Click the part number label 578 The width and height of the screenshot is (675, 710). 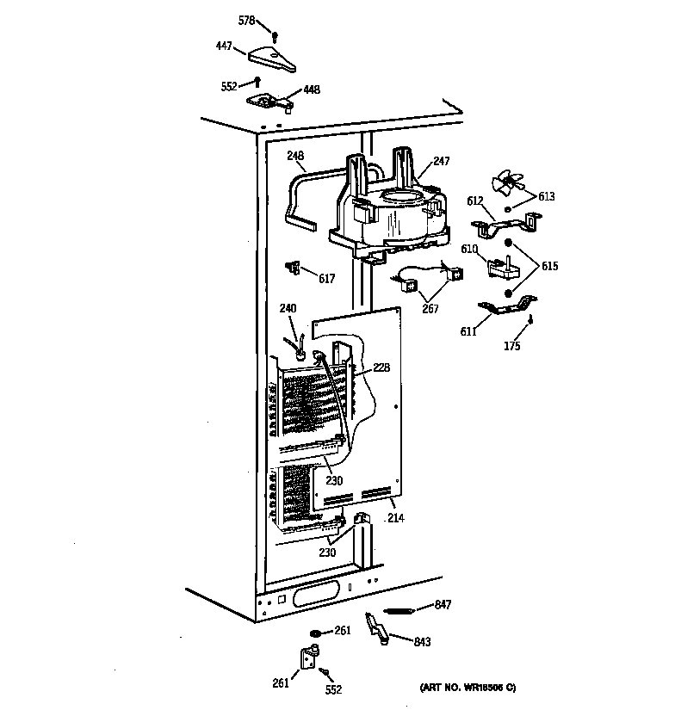point(246,21)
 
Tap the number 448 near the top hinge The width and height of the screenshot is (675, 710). point(311,90)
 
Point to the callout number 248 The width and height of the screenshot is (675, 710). point(296,156)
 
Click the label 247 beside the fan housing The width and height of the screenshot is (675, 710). point(442,161)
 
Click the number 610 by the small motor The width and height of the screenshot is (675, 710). point(469,249)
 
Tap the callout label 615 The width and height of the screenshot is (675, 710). point(549,267)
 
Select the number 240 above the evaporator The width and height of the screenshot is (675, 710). point(288,308)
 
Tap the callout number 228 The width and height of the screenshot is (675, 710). point(381,367)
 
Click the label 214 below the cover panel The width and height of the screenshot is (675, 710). point(396,518)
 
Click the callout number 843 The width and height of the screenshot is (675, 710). point(421,642)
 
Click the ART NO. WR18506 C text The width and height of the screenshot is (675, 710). point(468,688)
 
